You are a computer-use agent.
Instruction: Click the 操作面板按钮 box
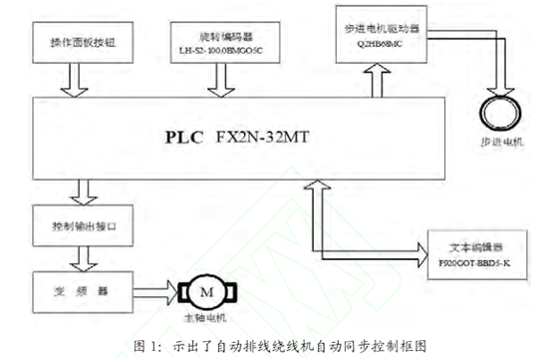[x=83, y=45]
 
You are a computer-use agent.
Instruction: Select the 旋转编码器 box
[x=218, y=45]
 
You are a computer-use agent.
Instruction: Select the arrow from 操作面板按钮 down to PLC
[x=83, y=79]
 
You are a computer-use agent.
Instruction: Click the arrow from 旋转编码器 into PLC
[x=218, y=79]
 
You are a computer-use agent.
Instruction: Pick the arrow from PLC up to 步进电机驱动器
[x=380, y=79]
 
